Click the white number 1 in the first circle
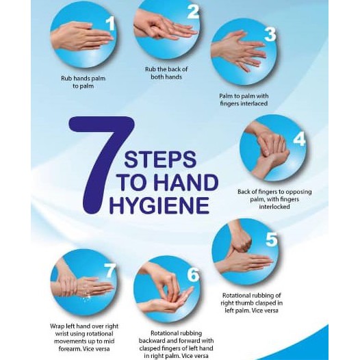[x=111, y=24]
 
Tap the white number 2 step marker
[x=193, y=12]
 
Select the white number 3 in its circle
[x=270, y=34]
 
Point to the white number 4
[x=299, y=139]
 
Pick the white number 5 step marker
[x=272, y=240]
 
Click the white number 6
[x=193, y=274]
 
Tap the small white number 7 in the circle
[x=110, y=270]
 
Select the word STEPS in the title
[x=160, y=159]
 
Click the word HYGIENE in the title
[x=159, y=205]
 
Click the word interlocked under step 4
[x=274, y=207]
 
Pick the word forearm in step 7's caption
[x=69, y=349]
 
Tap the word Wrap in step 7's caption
[x=57, y=326]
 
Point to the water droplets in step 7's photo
[x=86, y=297]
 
